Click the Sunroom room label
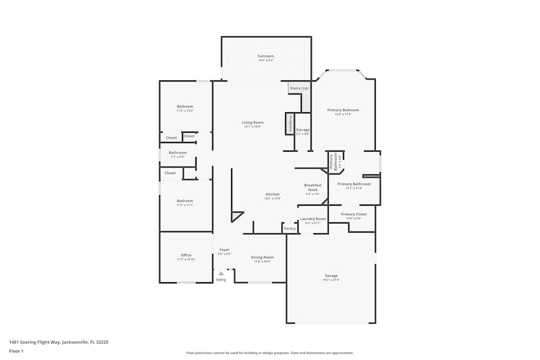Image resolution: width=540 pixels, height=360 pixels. pyautogui.click(x=266, y=56)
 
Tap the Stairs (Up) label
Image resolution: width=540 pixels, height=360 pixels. pyautogui.click(x=299, y=88)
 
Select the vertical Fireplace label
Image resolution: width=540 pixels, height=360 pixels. pyautogui.click(x=291, y=124)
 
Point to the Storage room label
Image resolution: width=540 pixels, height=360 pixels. pyautogui.click(x=302, y=130)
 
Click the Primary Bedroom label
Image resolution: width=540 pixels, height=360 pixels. pyautogui.click(x=343, y=110)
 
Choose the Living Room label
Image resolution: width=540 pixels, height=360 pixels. pyautogui.click(x=252, y=123)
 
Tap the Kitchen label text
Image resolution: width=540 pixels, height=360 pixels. pyautogui.click(x=272, y=194)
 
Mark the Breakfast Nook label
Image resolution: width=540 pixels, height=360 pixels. pyautogui.click(x=313, y=187)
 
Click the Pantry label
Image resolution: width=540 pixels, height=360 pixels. pyautogui.click(x=290, y=228)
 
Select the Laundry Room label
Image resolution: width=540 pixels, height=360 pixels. pyautogui.click(x=313, y=219)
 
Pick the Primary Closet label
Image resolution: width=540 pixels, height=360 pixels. pyautogui.click(x=354, y=214)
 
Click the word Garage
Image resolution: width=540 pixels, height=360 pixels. pyautogui.click(x=331, y=276)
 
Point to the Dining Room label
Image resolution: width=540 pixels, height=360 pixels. pyautogui.click(x=262, y=257)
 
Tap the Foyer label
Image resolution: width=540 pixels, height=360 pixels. pyautogui.click(x=225, y=250)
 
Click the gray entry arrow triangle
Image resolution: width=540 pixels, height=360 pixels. pyautogui.click(x=221, y=274)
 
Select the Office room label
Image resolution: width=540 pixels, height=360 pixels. pyautogui.click(x=186, y=255)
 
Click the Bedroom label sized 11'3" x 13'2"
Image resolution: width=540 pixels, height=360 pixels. pyautogui.click(x=185, y=106)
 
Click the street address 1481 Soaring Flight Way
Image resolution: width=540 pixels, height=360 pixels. pyautogui.click(x=63, y=342)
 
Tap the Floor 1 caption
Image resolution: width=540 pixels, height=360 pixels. pyautogui.click(x=16, y=351)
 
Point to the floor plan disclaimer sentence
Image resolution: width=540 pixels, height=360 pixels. pyautogui.click(x=269, y=353)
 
